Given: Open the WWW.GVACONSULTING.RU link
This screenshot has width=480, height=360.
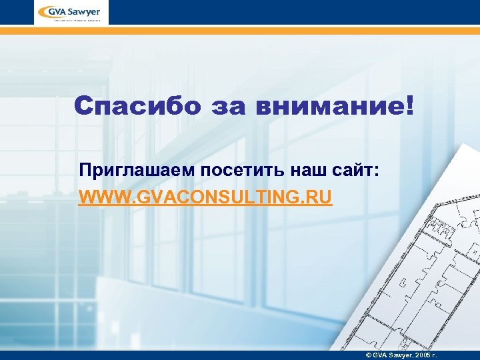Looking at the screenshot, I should tap(205, 198).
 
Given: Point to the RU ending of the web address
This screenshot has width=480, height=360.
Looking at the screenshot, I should tap(319, 198).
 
